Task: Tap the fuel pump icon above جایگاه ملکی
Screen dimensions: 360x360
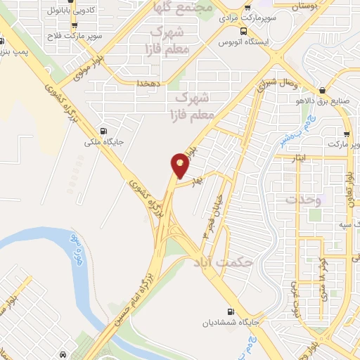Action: pos(105,130)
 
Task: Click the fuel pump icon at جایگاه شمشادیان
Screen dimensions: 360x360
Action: pos(231,311)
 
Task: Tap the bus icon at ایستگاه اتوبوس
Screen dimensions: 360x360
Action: pos(243,32)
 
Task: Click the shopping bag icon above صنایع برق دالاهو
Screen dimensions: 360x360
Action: pos(323,89)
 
